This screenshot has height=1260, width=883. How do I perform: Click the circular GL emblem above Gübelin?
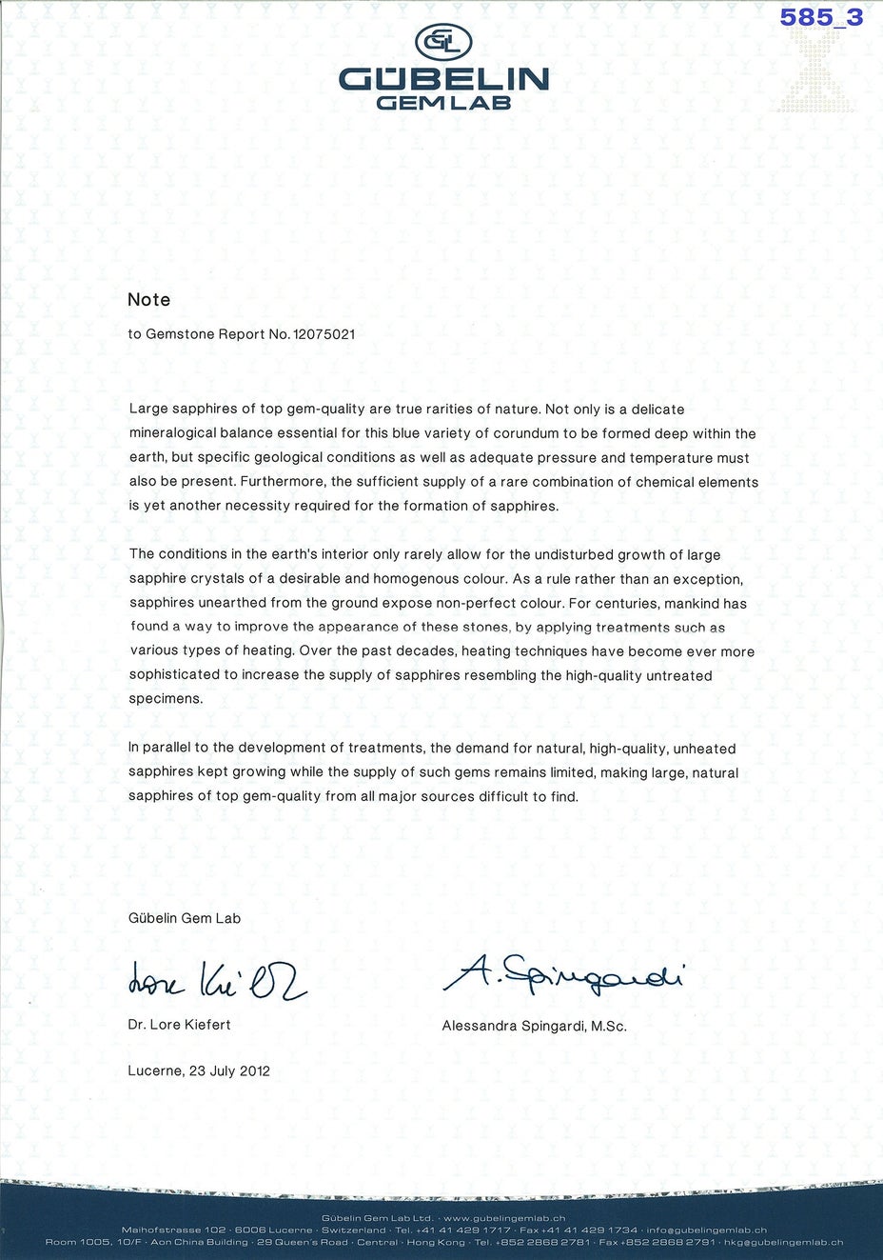(x=443, y=41)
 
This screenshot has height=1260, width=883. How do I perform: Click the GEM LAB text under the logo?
(x=443, y=103)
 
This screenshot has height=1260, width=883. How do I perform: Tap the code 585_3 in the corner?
(x=821, y=17)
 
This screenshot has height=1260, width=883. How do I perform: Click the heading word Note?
(x=149, y=299)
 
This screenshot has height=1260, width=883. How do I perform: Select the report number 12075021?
(x=324, y=334)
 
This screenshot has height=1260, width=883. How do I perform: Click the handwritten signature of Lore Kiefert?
(x=217, y=979)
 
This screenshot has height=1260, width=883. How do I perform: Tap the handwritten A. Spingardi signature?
(x=563, y=973)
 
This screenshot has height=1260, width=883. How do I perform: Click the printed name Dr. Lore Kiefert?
(x=180, y=1025)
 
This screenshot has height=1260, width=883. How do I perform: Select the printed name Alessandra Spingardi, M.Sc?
(x=535, y=1026)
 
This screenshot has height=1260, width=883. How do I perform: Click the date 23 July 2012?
(x=229, y=1070)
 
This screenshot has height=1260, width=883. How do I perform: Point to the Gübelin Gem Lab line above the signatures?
(x=185, y=918)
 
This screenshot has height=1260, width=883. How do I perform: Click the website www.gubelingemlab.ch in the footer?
(x=504, y=1218)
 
